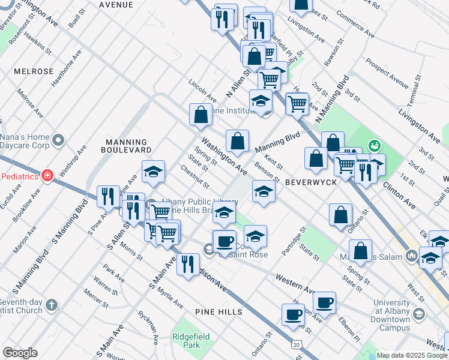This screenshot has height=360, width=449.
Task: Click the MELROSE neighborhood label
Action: (34, 71)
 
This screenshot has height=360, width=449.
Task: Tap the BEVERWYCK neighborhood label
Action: (309, 181)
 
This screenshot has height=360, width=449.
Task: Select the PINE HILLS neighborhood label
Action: (218, 312)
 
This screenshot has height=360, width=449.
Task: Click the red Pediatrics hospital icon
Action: (47, 176)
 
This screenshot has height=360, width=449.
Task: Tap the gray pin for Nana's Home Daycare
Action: (58, 140)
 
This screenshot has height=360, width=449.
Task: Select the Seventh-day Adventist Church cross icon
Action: (52, 305)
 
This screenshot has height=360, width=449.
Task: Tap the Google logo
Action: (20, 353)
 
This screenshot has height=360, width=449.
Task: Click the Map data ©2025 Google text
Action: (412, 355)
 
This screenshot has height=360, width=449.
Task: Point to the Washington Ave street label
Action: (224, 154)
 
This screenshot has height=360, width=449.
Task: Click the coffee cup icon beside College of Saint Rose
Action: (224, 242)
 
